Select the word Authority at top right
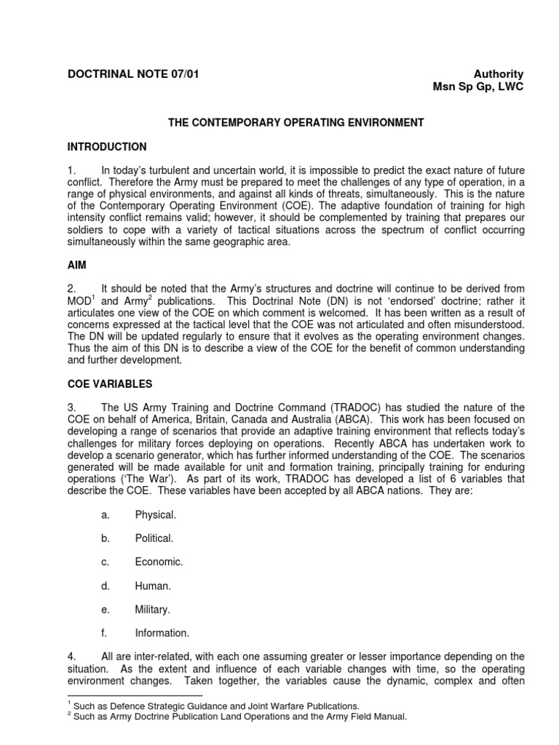click(499, 74)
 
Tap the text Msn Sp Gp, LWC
click(478, 87)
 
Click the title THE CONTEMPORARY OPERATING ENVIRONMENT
click(296, 123)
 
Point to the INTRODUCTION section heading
click(106, 146)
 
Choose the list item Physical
click(155, 515)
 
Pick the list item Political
click(154, 538)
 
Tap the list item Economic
click(159, 562)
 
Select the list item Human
click(153, 586)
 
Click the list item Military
click(153, 609)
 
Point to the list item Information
click(162, 633)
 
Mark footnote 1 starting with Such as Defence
click(204, 706)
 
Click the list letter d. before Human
click(106, 586)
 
